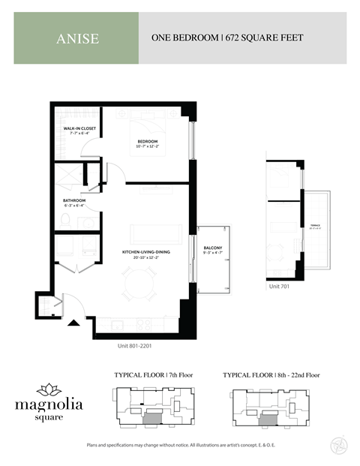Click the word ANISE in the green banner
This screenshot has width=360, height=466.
pyautogui.click(x=77, y=38)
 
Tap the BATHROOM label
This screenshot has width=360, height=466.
pyautogui.click(x=74, y=202)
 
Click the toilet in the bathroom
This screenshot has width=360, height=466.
pyautogui.click(x=66, y=220)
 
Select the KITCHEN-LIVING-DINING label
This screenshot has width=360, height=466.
pyautogui.click(x=147, y=254)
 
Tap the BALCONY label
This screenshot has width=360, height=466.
pyautogui.click(x=213, y=249)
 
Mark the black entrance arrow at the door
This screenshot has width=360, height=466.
pyautogui.click(x=73, y=323)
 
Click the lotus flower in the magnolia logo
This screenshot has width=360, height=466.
pyautogui.click(x=51, y=389)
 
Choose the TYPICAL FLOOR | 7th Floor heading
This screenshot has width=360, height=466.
pyautogui.click(x=153, y=374)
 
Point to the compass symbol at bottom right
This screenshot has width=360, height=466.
pyautogui.click(x=337, y=446)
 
